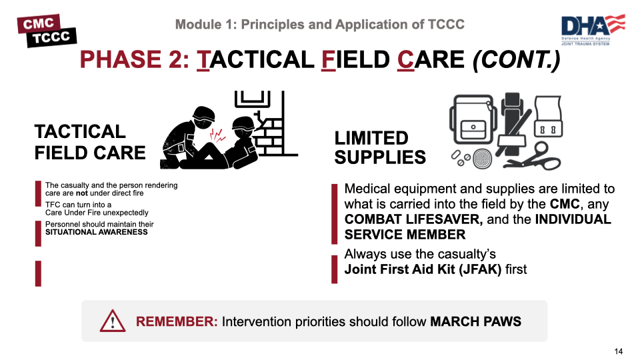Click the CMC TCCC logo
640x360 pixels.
47,31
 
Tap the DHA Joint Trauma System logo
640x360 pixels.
593,30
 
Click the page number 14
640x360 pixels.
619,351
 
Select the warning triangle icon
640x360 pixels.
113,321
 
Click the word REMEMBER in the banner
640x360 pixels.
177,321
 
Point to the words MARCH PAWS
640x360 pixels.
475,321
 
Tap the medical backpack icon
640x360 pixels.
473,119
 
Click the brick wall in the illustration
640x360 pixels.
271,131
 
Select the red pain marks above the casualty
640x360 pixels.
217,135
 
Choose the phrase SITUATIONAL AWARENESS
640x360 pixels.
96,232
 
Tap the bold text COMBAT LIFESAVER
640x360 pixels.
413,219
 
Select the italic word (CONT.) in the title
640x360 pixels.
516,59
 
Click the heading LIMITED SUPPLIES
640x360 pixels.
380,148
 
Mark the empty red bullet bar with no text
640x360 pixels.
39,273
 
